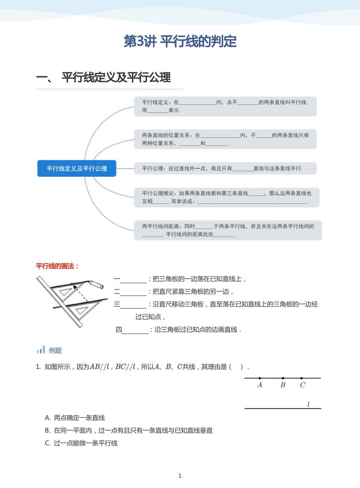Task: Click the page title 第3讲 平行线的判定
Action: (180, 41)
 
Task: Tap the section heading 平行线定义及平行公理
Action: (116, 77)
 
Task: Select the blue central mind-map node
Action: (77, 168)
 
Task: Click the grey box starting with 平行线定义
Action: (225, 106)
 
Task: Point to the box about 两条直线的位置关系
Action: (225, 139)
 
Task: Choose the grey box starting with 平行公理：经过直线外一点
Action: (225, 168)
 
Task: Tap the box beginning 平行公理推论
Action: (227, 197)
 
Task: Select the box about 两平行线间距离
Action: (228, 230)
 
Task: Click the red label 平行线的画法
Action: (57, 266)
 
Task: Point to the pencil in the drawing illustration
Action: (96, 284)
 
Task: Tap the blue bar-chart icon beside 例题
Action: (41, 349)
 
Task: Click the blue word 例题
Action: (55, 351)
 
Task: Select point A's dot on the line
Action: (260, 378)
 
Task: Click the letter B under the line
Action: (283, 385)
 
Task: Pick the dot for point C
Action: (301, 378)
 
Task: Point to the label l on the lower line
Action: (308, 404)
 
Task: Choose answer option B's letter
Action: (48, 431)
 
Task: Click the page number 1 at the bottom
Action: (180, 476)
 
